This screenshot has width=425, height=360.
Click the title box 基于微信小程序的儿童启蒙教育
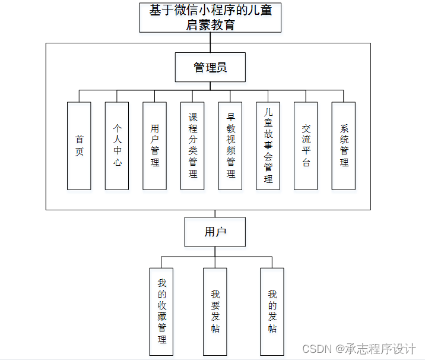click(x=210, y=17)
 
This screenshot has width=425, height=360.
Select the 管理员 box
click(x=210, y=67)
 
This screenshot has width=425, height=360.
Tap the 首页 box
click(x=79, y=146)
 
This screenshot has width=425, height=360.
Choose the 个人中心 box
click(x=117, y=146)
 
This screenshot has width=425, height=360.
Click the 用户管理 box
click(x=154, y=146)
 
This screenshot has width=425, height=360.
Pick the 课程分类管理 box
click(x=192, y=146)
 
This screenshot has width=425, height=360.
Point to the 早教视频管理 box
click(x=230, y=146)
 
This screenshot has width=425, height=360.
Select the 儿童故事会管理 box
click(x=268, y=146)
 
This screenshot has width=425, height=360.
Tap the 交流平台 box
click(x=306, y=146)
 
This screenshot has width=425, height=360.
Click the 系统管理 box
click(x=344, y=146)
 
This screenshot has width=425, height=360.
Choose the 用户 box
click(x=215, y=232)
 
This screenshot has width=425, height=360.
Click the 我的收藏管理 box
click(x=161, y=311)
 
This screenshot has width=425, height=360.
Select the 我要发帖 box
click(x=215, y=311)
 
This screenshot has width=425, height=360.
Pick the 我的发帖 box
click(x=272, y=311)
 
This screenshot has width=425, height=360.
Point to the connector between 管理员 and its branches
click(x=210, y=86)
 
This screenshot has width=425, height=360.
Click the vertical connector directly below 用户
click(x=215, y=251)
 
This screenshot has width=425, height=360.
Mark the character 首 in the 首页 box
click(x=79, y=139)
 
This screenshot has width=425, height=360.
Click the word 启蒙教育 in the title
click(x=210, y=25)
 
